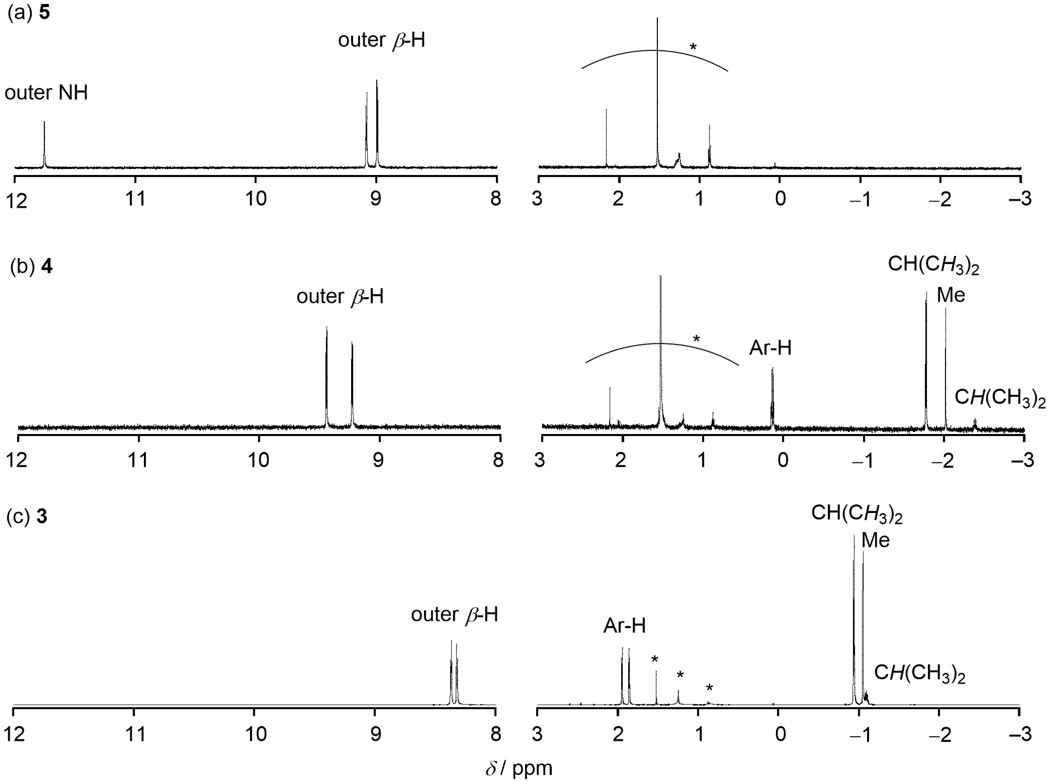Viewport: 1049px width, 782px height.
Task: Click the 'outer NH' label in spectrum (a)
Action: (46, 92)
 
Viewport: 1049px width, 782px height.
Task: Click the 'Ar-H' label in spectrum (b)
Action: (770, 348)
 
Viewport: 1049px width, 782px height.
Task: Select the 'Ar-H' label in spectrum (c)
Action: (624, 626)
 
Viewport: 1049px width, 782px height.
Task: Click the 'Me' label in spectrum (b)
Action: (951, 295)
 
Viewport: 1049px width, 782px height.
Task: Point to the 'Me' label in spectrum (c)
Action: (875, 540)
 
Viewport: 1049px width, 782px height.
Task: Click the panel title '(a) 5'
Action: (28, 12)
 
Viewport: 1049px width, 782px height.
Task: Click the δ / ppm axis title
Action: (519, 768)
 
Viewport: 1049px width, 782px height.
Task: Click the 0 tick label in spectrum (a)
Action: (780, 199)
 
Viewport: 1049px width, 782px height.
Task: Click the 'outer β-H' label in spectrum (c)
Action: (454, 614)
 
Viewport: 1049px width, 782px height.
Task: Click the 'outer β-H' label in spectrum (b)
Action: (340, 296)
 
